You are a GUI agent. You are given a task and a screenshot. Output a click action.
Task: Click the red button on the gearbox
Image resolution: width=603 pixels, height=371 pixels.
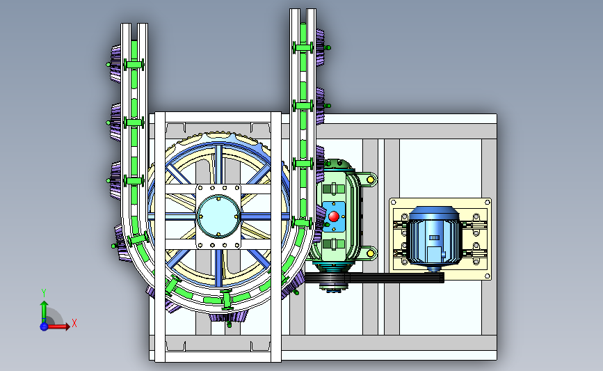tap(334, 216)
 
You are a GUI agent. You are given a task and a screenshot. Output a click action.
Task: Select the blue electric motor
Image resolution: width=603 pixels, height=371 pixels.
tap(434, 239)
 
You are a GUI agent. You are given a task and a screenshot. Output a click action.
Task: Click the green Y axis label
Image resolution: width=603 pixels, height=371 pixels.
tap(44, 293)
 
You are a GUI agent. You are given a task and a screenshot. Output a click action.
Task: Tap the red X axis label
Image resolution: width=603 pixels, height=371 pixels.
tap(74, 323)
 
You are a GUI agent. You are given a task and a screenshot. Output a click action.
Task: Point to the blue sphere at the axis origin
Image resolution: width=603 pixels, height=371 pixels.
tap(45, 326)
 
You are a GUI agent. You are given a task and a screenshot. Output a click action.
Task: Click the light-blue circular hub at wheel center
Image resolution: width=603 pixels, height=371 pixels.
tap(218, 216)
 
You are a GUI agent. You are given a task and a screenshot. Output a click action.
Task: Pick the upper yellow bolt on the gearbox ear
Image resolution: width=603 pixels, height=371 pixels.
tap(370, 180)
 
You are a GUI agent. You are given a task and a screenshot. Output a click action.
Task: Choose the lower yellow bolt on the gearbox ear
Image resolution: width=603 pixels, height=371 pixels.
tap(370, 253)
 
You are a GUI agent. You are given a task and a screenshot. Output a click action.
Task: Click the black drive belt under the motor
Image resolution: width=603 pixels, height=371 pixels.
tap(375, 278)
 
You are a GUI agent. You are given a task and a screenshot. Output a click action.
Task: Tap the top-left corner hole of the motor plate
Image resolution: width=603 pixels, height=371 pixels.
tap(393, 202)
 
